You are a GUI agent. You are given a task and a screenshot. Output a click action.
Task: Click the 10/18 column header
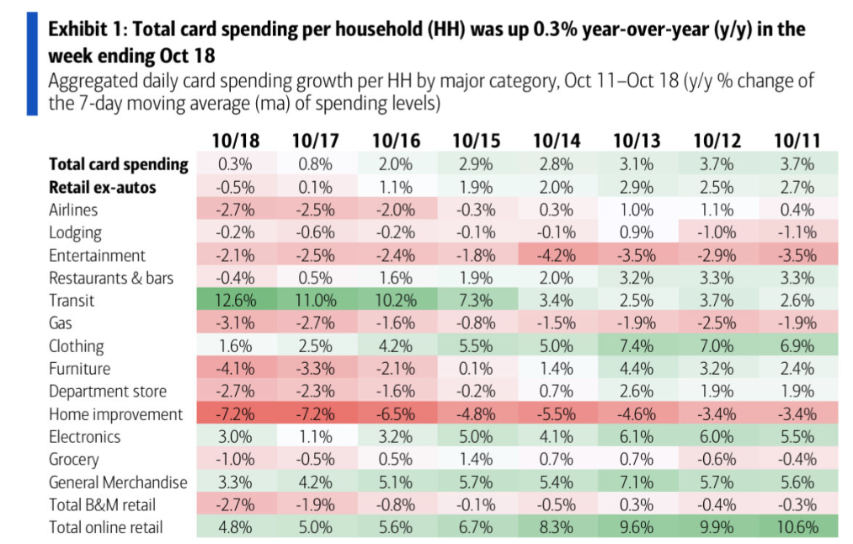point(234,141)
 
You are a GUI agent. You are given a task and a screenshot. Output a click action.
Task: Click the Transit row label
point(72,301)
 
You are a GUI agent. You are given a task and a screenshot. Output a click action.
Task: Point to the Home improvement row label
point(115,414)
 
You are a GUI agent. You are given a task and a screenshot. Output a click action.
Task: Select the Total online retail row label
point(106,528)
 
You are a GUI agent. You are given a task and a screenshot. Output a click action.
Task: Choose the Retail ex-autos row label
point(103,187)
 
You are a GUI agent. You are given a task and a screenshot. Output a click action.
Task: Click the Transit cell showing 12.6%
point(234,301)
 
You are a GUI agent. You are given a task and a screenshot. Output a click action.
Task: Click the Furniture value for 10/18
point(234,369)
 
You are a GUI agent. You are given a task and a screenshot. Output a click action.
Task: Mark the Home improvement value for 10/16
point(394,414)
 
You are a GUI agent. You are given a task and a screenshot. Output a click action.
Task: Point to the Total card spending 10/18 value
point(234,164)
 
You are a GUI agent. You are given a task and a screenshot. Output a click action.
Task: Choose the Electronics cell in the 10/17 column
point(314,437)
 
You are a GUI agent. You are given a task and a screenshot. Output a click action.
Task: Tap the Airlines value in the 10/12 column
point(714,210)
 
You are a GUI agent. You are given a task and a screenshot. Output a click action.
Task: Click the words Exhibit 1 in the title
point(87,30)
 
